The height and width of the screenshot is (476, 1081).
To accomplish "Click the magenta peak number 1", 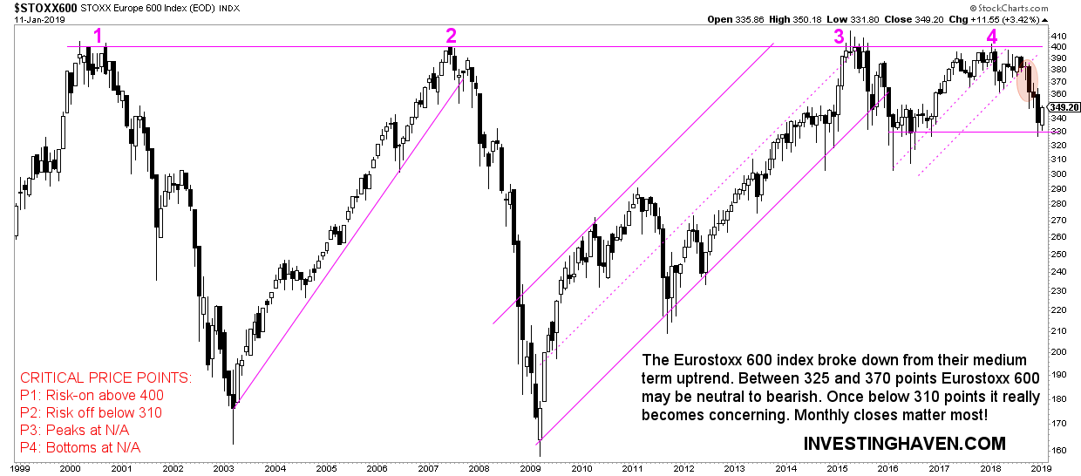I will tap(99, 35).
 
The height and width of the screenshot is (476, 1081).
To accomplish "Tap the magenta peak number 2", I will tap(451, 35).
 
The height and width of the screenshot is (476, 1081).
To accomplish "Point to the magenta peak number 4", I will tap(992, 36).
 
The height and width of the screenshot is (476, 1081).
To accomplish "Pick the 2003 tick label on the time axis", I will tap(226, 468).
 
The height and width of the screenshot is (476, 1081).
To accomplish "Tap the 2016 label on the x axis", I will tap(889, 468).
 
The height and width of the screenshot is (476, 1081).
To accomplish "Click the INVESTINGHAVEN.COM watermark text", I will tap(904, 444).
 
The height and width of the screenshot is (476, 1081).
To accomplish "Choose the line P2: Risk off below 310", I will tap(91, 413).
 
